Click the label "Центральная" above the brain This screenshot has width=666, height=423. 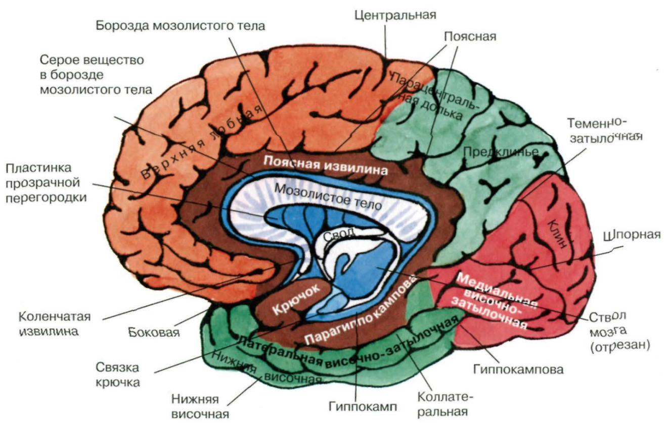[x=395, y=14]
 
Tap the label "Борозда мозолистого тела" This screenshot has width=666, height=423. [x=181, y=26]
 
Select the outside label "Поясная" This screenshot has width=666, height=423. [x=470, y=36]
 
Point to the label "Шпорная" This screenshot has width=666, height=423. [x=633, y=235]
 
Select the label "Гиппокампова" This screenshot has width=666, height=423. [x=518, y=369]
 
